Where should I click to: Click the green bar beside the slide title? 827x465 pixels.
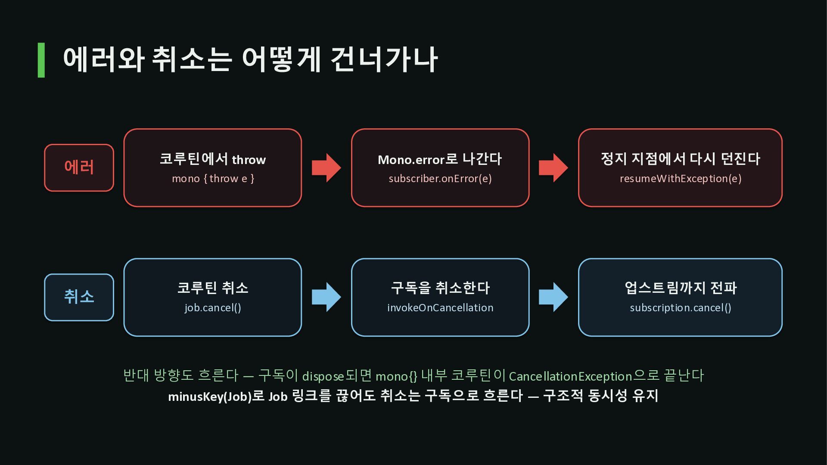pos(41,60)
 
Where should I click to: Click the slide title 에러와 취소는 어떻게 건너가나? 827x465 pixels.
pos(250,59)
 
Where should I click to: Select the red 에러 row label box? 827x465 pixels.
pos(79,167)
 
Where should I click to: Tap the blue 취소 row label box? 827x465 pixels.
pos(79,297)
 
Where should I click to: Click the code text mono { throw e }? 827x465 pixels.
pos(213,179)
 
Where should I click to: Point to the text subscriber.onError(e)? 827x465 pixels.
pos(440,179)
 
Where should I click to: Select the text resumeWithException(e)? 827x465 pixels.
pos(681,179)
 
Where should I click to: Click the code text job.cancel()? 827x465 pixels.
pos(213,308)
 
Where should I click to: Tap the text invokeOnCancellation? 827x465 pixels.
pos(440,308)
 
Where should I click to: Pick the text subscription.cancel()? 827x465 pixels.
pos(681,308)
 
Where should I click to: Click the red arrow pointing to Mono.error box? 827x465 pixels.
pos(326,167)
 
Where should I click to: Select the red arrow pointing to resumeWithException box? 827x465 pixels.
pos(553,167)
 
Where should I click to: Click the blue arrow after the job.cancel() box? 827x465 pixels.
pos(326,297)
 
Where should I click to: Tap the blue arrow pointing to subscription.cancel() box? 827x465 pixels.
pos(553,297)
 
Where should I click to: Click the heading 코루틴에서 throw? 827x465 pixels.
pos(213,159)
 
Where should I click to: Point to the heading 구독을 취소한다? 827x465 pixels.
pos(440,288)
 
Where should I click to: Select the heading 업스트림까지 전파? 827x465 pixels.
pos(681,288)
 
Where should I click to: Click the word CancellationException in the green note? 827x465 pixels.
pos(570,376)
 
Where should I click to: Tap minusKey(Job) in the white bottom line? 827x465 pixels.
pos(210,396)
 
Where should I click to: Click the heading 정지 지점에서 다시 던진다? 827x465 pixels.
pos(681,159)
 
